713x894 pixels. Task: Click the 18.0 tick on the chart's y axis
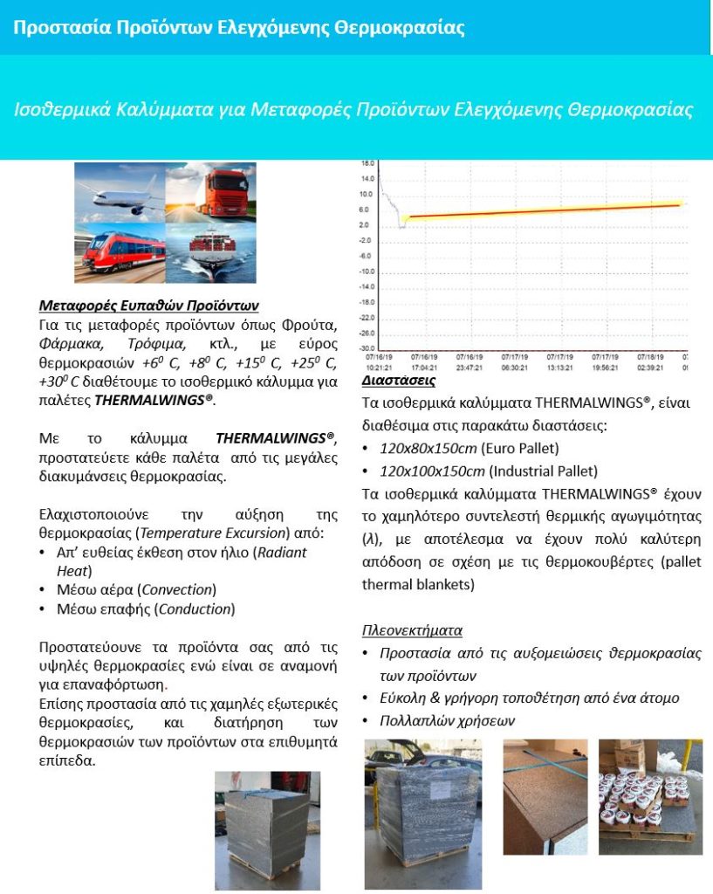367,163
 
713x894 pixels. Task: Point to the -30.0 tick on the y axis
367,348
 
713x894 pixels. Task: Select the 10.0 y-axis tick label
367,194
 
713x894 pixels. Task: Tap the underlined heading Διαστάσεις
399,382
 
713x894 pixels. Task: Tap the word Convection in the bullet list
180,590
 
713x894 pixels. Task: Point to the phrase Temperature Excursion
237,533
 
